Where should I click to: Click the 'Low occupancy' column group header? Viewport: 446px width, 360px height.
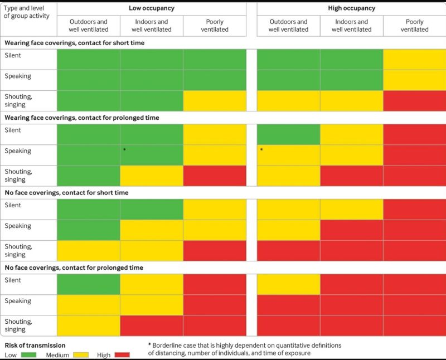(151, 8)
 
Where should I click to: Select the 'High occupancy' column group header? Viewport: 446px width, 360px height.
(351, 8)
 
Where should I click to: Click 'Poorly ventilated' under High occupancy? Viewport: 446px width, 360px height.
(414, 26)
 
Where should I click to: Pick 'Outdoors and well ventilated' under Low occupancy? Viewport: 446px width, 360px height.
(88, 26)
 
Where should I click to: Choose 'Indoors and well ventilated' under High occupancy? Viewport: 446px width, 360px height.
(351, 26)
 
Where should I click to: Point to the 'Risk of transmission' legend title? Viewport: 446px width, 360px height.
(35, 346)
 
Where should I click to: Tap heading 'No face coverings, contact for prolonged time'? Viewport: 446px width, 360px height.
(74, 267)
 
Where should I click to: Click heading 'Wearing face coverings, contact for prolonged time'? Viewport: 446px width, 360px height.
(82, 118)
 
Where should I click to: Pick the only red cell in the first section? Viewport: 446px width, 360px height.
(414, 101)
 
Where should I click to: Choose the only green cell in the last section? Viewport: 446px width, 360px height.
(88, 284)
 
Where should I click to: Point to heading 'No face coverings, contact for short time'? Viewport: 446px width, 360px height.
(66, 193)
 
